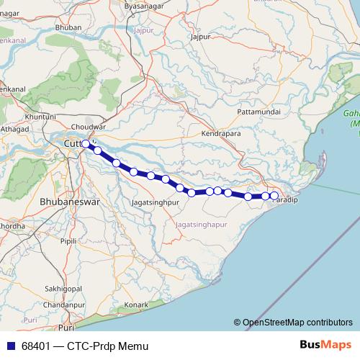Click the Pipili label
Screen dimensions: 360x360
[x=68, y=240]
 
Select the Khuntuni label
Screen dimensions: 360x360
[x=40, y=116]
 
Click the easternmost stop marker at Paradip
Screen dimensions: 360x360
[x=274, y=195]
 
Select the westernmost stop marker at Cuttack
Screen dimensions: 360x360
[x=86, y=144]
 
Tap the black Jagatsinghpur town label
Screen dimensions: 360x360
[x=155, y=204]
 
